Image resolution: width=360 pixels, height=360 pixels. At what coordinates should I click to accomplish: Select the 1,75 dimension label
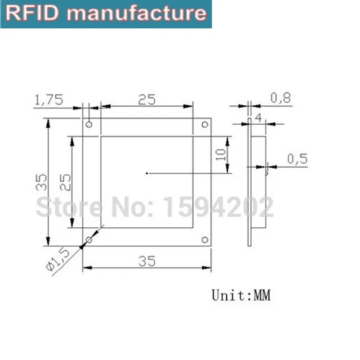49,99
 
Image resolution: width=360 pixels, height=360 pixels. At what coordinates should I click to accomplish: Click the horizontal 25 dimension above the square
147,99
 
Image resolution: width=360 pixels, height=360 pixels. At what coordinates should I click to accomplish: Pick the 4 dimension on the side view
258,118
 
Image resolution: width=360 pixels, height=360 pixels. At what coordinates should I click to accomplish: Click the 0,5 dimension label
297,159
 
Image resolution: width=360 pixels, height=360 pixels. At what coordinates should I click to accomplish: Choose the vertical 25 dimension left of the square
66,182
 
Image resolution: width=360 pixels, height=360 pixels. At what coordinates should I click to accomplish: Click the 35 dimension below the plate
147,261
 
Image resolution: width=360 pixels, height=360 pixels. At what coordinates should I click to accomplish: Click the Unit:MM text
242,295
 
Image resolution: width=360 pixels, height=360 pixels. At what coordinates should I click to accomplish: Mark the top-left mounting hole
89,124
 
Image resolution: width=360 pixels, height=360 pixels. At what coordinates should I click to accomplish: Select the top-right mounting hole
205,124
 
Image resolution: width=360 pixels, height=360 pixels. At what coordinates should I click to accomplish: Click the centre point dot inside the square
147,172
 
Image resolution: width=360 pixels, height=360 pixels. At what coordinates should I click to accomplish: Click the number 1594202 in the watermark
218,207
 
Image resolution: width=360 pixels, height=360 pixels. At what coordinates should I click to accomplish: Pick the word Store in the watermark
68,207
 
